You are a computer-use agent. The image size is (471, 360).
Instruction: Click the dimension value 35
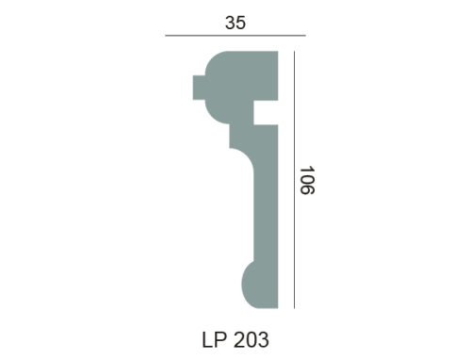pos(235,23)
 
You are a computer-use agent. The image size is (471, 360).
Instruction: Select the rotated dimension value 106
pos(307,180)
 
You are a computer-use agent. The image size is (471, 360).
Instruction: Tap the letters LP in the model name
pos(214,339)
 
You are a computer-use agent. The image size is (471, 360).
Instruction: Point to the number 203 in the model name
pos(252,339)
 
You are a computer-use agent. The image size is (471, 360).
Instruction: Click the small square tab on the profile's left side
pos(199,88)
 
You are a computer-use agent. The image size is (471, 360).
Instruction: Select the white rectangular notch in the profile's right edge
pos(266,113)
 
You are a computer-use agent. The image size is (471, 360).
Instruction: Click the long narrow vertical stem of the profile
pos(266,217)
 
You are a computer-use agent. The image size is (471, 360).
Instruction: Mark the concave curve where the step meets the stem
pos(247,156)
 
